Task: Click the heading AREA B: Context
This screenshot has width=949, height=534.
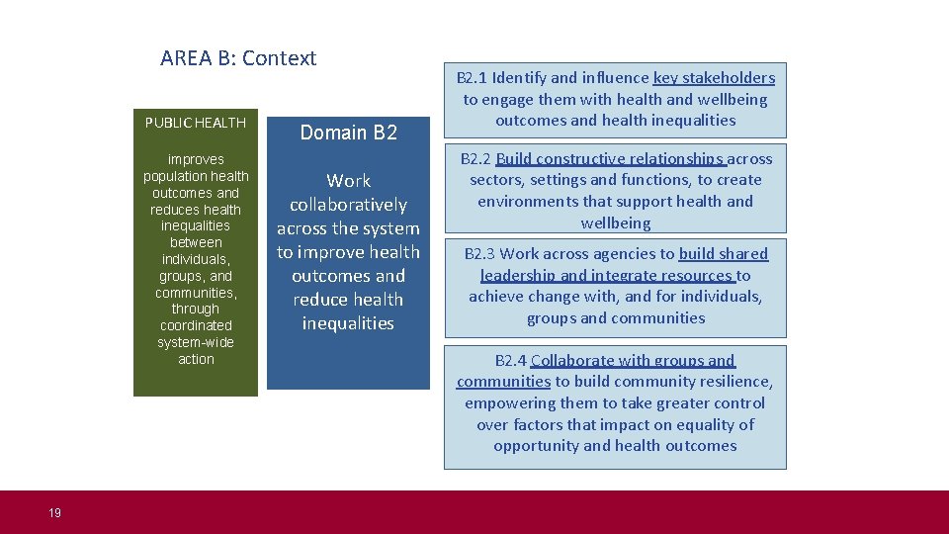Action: [238, 58]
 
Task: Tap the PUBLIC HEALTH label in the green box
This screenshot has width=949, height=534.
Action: [196, 123]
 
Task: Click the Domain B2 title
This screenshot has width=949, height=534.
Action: [348, 133]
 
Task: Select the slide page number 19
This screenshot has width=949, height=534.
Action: [54, 512]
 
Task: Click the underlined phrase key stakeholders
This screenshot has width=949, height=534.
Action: [714, 78]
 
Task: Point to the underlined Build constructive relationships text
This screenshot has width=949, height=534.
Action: [611, 159]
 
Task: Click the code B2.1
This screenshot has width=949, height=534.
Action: [472, 78]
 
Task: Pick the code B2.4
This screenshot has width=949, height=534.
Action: [511, 361]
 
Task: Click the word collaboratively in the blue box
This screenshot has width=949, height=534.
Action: [348, 205]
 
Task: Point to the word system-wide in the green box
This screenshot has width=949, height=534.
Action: [196, 342]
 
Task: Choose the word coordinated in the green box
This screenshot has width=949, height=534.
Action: [196, 325]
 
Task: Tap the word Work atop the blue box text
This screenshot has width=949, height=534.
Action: [348, 181]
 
